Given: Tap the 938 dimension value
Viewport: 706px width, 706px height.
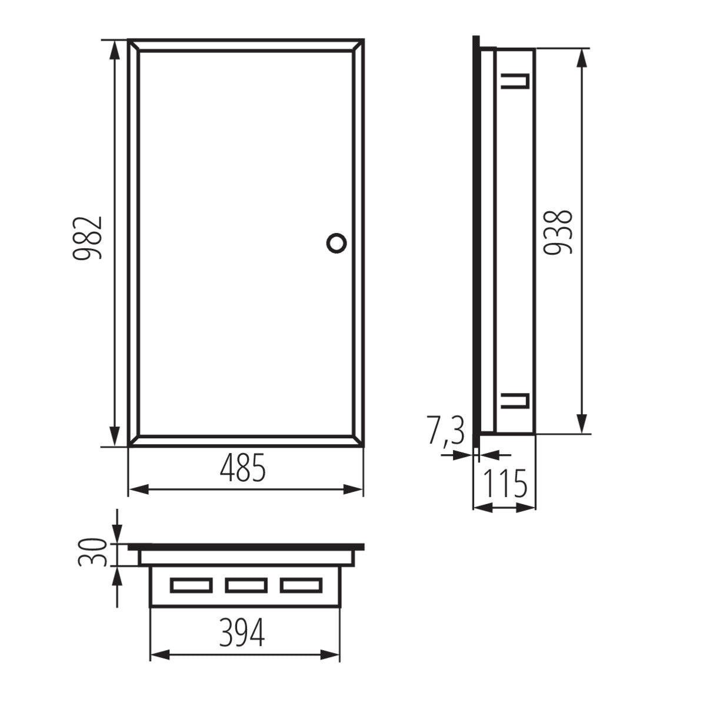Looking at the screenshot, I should pos(557,232).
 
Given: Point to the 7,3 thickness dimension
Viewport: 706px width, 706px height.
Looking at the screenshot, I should pos(445,431).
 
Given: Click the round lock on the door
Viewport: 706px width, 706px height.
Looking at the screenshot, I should pos(337,242).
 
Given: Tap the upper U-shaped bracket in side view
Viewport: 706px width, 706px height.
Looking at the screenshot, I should pos(515,82).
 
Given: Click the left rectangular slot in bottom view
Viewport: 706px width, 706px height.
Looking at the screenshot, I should pos(191,585).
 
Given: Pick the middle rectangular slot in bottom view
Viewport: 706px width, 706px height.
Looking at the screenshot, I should pos(246,585).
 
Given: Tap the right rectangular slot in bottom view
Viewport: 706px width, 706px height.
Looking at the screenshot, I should pos(301,585).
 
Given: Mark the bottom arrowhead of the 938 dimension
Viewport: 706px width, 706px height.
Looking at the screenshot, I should pos(582,425).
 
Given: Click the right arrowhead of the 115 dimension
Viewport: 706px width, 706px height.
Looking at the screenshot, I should pos(529,507).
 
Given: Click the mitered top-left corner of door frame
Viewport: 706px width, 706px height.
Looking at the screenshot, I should pos(134,45).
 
